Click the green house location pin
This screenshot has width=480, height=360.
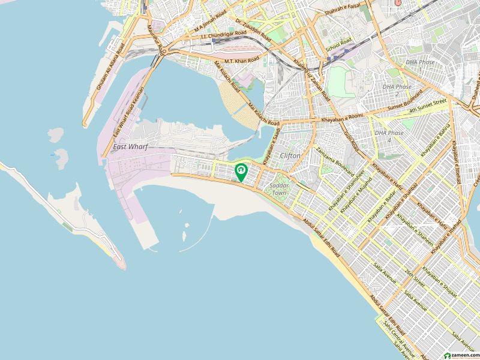click(x=241, y=172)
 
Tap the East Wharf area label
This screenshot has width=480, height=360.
click(x=130, y=146)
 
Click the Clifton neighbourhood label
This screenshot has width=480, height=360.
click(x=290, y=155)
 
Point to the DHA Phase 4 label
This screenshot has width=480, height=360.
click(x=383, y=136)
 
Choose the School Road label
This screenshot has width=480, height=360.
click(x=338, y=43)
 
